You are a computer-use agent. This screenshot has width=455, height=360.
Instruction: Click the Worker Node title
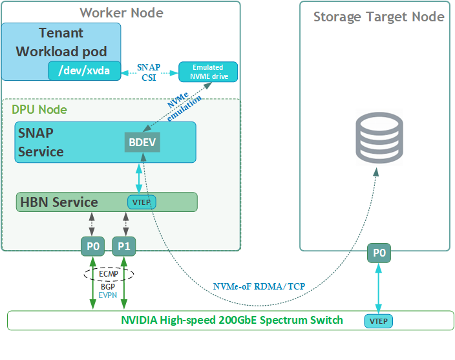coord(122,12)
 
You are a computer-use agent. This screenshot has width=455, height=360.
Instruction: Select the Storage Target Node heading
coord(379,17)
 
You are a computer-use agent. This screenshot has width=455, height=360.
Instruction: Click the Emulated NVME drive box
coord(207,71)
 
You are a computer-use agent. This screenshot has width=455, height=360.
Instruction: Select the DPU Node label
coord(39,110)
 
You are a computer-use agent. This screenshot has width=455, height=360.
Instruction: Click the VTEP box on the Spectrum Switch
coord(380,321)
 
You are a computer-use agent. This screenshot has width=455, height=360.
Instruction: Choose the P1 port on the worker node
coord(124,246)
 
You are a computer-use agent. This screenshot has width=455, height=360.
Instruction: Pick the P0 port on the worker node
coord(94,246)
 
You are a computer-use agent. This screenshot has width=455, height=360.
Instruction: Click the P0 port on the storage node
coord(379,253)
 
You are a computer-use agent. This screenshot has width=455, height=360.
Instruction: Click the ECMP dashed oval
coord(109,273)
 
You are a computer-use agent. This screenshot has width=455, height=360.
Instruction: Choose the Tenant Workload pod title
coord(61,42)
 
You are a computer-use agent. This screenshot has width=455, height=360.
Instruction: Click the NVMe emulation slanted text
coord(184,107)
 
